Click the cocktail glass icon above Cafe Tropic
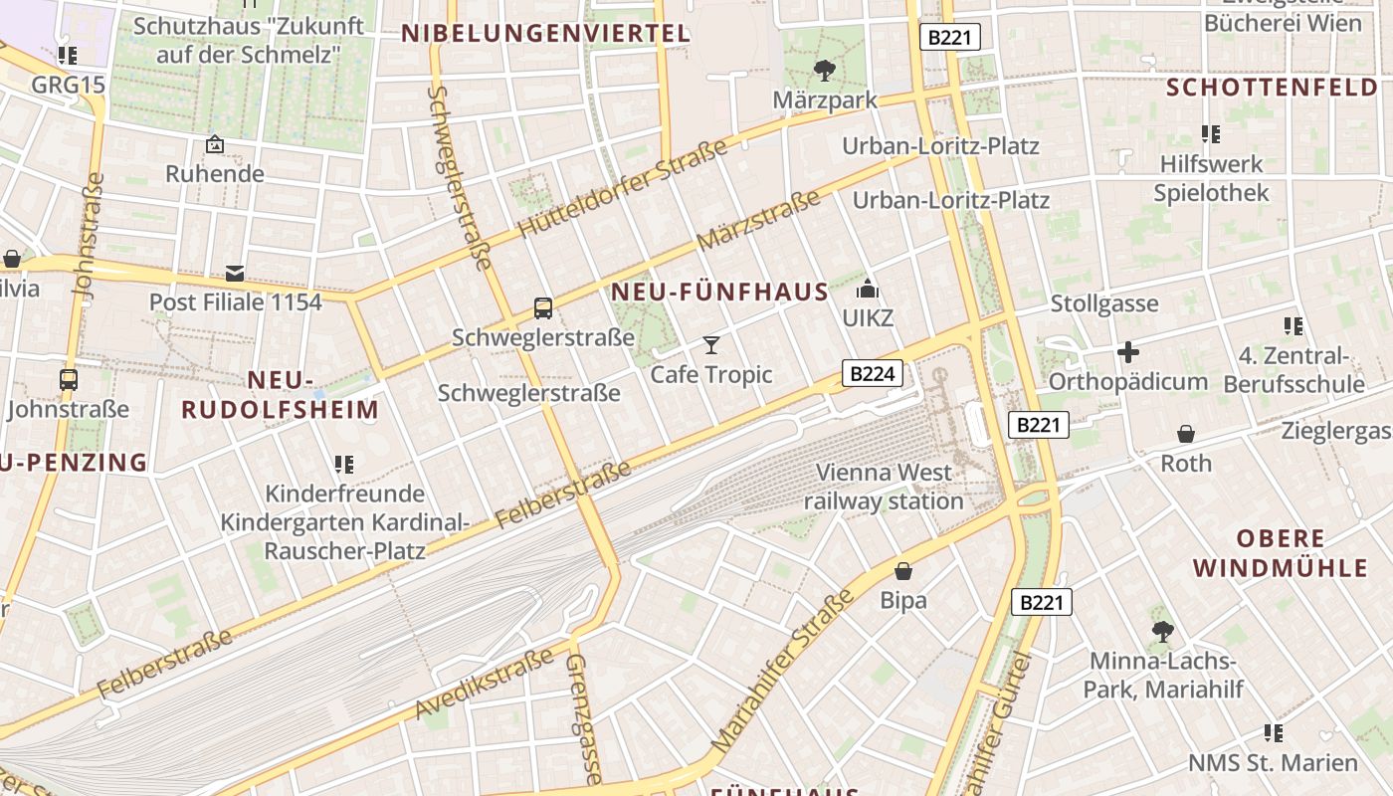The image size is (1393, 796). coord(711,345)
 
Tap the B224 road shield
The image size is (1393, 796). coord(873,373)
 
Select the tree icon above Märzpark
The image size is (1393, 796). coord(824,70)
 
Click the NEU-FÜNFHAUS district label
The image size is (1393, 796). coord(719,292)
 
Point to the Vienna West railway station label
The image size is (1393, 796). coord(884,487)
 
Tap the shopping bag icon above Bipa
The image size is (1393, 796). coord(903,571)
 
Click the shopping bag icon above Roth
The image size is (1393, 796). coord(1186,434)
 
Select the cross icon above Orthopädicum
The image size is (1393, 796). coord(1127,352)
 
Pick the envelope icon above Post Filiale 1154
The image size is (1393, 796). coord(235,273)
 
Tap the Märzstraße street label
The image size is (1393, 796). coord(758,220)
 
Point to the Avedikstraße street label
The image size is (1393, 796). coord(485,684)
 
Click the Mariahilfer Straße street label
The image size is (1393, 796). coord(784,671)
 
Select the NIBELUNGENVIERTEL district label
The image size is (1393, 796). coord(545,34)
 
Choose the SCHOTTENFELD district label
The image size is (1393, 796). coord(1272,88)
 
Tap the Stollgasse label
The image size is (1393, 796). coord(1104,303)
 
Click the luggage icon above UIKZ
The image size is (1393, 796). coord(868,290)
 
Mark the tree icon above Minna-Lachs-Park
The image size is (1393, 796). coord(1162,631)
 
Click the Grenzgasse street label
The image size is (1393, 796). coord(584,718)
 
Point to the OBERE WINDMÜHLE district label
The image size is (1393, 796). coord(1282,553)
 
